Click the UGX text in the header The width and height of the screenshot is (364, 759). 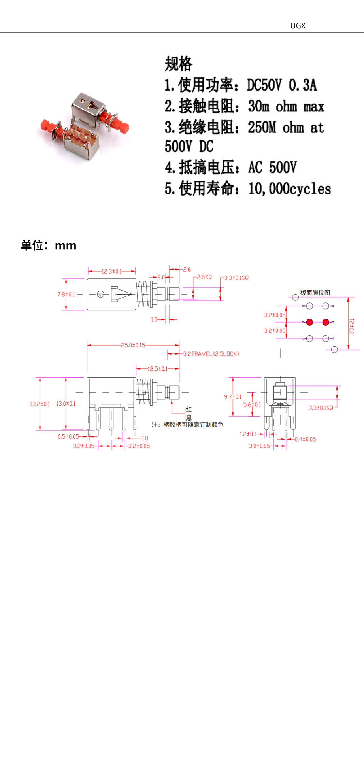[x=298, y=26]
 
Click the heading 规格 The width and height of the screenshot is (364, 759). [x=179, y=64]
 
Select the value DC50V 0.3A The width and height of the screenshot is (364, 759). [x=281, y=85]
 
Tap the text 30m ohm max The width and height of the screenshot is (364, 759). [x=286, y=106]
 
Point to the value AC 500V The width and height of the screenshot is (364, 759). [x=272, y=168]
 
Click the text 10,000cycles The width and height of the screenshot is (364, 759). [x=290, y=189]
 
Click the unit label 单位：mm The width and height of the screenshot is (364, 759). [x=48, y=245]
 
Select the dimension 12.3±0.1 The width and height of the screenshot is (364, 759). [x=111, y=271]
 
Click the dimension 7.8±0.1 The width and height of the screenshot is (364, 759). [x=66, y=295]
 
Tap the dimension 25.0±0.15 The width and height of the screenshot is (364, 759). [x=133, y=345]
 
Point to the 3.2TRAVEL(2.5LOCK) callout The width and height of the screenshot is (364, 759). [x=211, y=354]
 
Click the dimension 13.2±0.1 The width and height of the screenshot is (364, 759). [x=40, y=404]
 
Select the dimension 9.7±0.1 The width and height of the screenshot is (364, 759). [x=233, y=396]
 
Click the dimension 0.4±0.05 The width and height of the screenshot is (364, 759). [x=305, y=439]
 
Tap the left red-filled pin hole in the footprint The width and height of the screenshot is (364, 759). [x=309, y=322]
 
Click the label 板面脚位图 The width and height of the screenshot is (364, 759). [x=315, y=293]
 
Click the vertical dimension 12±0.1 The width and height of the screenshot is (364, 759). [x=351, y=326]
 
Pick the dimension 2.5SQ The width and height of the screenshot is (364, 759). [x=204, y=277]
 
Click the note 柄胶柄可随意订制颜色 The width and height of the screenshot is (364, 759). [x=193, y=425]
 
